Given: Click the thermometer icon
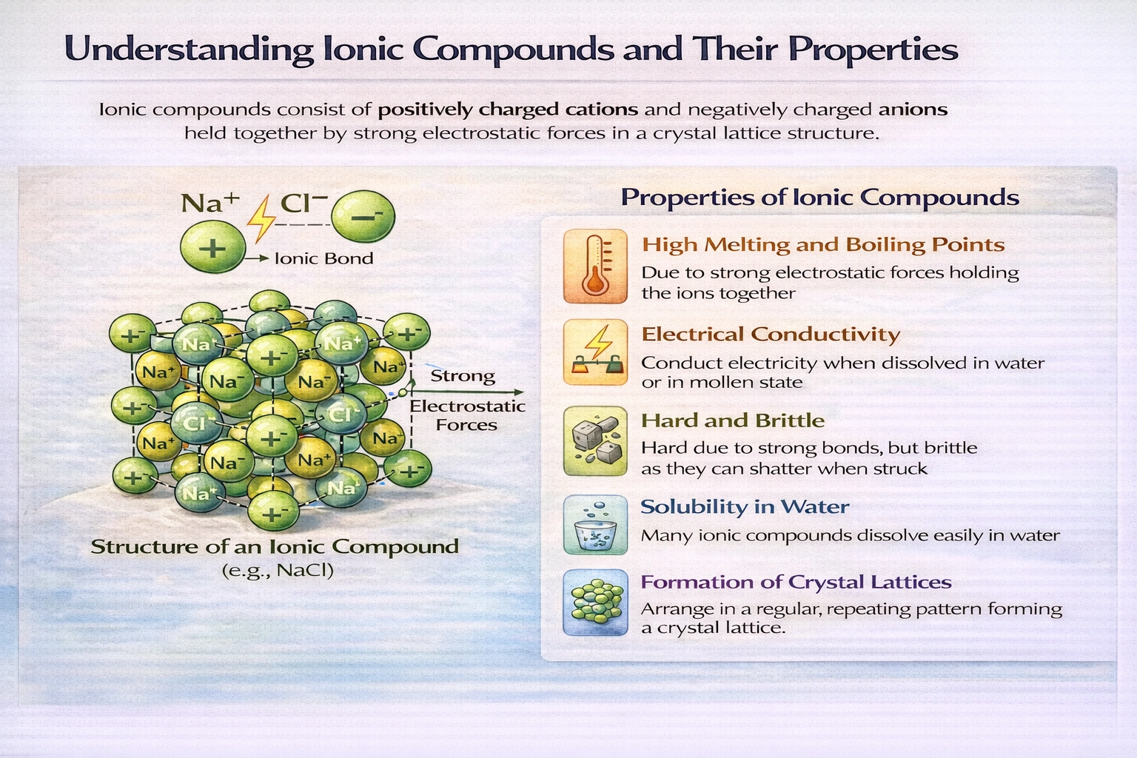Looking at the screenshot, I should (594, 266).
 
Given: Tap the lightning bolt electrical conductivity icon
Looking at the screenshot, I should (594, 352).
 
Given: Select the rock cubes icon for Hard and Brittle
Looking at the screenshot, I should (594, 441).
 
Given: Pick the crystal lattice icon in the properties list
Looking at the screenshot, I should (594, 603).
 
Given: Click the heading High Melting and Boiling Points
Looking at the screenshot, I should (822, 245).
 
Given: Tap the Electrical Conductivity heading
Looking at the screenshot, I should (770, 335).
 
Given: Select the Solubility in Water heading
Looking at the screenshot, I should (744, 507).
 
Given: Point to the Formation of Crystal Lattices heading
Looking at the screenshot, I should (796, 583).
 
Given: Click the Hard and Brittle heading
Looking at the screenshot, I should (732, 421).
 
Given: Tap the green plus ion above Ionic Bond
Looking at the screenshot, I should (212, 248).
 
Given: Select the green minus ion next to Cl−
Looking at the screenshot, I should (363, 216).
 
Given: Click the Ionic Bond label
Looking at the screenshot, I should (323, 258).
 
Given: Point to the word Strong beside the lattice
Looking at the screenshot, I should (463, 376).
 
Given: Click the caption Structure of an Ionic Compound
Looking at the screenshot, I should (275, 547).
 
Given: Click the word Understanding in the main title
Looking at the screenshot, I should (189, 50).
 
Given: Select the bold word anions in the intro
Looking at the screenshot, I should (913, 110).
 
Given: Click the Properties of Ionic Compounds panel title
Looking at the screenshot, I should (819, 198).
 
